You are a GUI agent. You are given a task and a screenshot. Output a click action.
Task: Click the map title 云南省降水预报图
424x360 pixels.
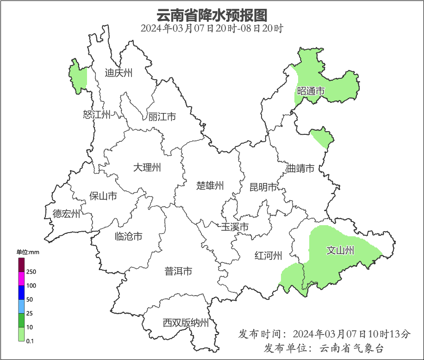tap(212, 15)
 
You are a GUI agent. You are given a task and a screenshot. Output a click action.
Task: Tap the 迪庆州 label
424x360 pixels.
tap(118, 73)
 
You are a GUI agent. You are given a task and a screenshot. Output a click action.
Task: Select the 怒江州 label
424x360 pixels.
tap(97, 114)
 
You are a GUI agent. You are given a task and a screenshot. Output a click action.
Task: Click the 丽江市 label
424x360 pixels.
tap(162, 117)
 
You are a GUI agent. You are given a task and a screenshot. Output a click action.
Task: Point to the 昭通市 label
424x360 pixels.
tap(311, 91)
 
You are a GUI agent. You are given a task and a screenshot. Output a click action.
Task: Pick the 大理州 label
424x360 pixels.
tap(147, 167)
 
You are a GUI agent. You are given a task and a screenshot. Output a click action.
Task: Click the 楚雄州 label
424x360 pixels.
tap(210, 186)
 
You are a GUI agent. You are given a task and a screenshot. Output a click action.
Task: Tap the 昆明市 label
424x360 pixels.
tap(263, 187)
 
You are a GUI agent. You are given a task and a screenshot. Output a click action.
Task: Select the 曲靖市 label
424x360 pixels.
tap(300, 168)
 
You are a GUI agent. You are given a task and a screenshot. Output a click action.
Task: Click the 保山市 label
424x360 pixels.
tap(103, 196)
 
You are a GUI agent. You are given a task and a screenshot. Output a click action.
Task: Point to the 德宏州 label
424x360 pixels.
tap(66, 214)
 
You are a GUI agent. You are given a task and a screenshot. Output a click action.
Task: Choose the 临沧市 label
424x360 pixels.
tap(128, 237)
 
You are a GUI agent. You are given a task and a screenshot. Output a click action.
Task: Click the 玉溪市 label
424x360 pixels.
tap(235, 227)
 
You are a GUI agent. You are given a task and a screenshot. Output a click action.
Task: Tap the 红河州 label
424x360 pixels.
tap(268, 255)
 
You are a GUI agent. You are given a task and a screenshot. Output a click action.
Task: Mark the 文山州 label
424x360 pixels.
tap(340, 251)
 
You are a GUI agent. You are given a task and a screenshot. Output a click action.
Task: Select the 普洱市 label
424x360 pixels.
tap(178, 272)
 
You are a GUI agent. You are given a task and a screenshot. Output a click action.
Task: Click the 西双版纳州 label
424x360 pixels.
tap(186, 323)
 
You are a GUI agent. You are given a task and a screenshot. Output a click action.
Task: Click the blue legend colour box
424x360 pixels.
tap(21, 292)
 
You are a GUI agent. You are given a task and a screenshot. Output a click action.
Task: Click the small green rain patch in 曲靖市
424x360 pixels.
tap(322, 138)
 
